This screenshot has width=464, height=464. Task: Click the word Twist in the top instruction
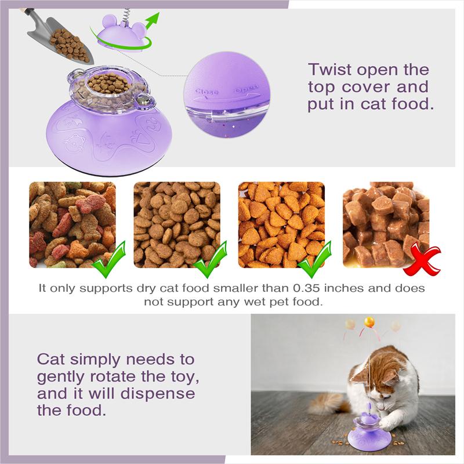329,71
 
